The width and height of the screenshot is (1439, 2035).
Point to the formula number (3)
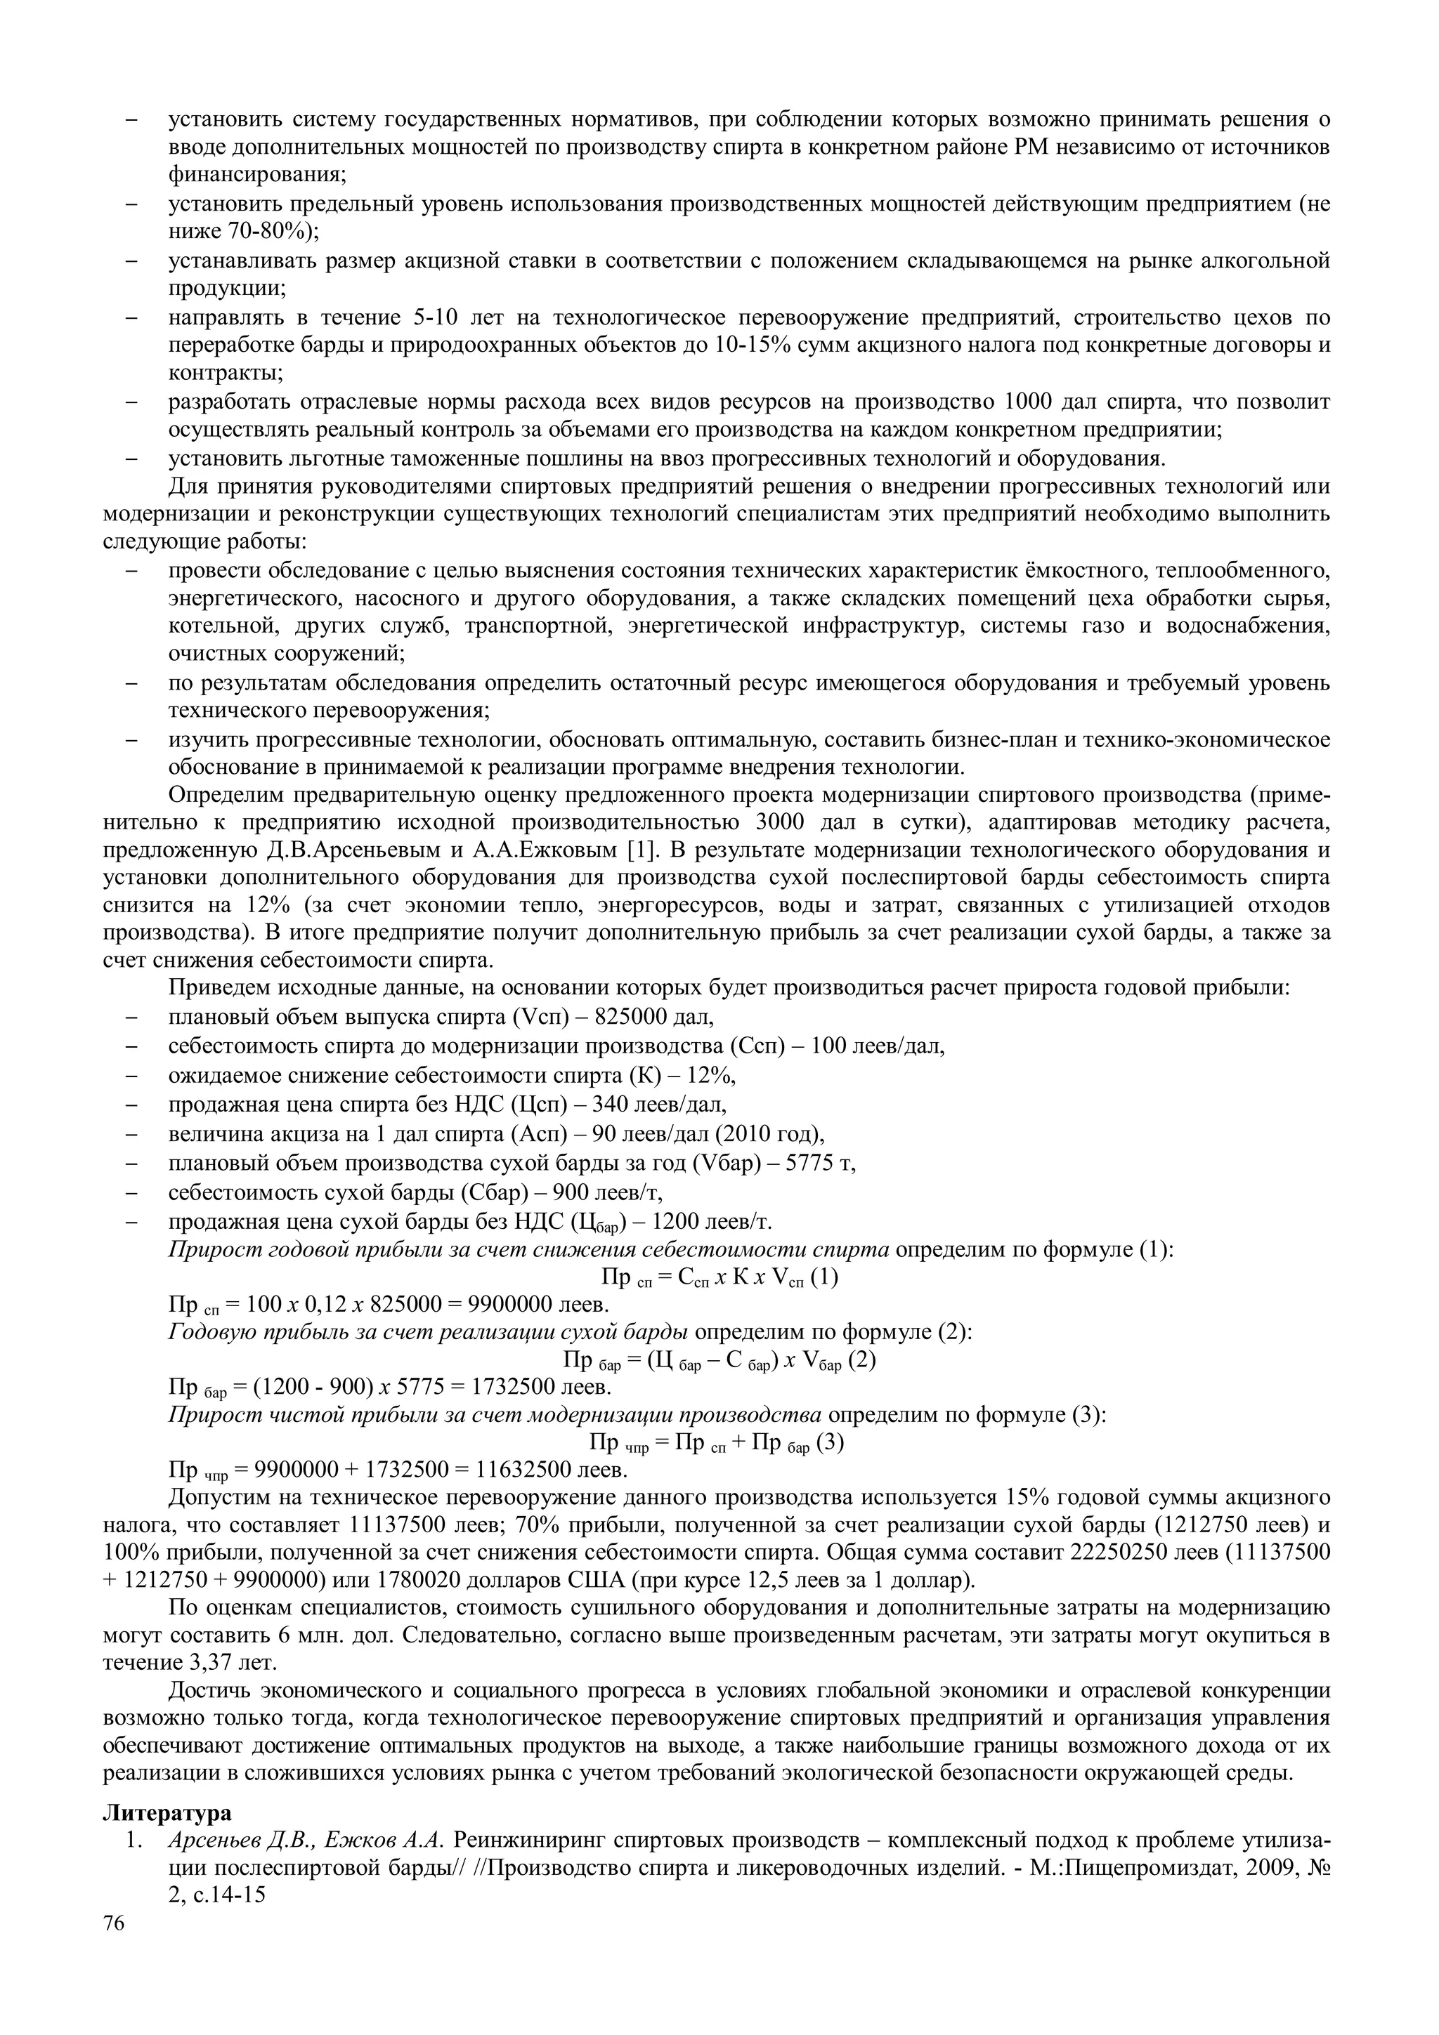point(831,1443)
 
